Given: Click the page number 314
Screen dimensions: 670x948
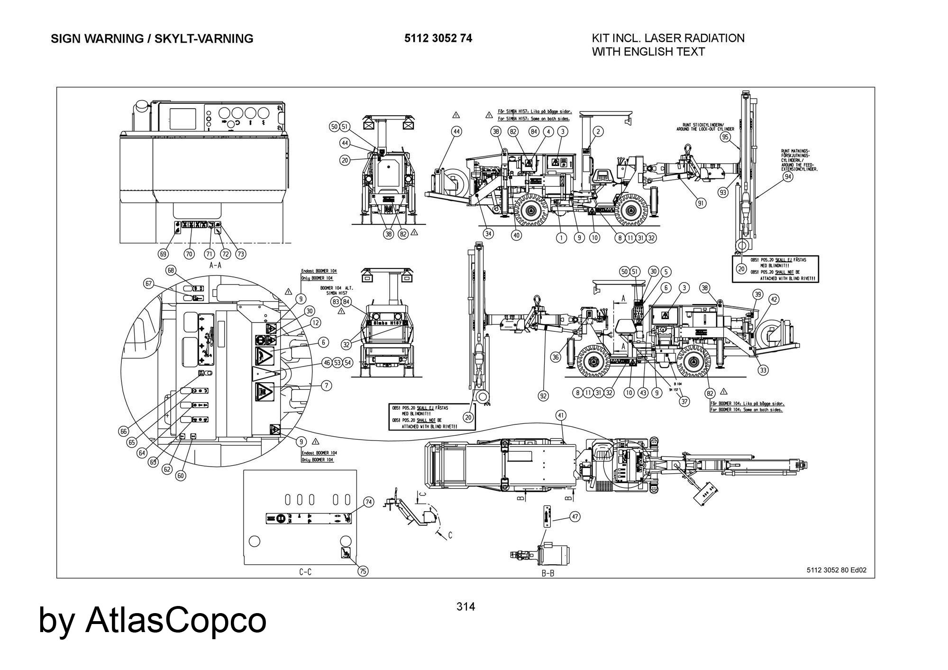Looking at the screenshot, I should pyautogui.click(x=465, y=606).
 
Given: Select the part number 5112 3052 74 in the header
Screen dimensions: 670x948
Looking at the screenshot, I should pyautogui.click(x=438, y=38).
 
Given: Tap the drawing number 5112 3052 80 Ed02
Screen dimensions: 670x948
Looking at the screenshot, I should pyautogui.click(x=836, y=570).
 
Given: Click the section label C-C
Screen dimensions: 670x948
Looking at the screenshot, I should pyautogui.click(x=305, y=572).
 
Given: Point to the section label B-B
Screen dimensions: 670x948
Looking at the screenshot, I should pyautogui.click(x=548, y=573).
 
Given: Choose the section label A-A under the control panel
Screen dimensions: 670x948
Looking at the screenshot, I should pyautogui.click(x=215, y=266).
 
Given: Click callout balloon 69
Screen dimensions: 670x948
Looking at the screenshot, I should pyautogui.click(x=163, y=254).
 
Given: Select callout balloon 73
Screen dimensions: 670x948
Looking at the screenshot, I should pyautogui.click(x=241, y=254).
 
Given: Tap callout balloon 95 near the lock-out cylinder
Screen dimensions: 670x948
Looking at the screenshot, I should pyautogui.click(x=725, y=137).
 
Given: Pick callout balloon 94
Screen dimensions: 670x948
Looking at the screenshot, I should pyautogui.click(x=788, y=177).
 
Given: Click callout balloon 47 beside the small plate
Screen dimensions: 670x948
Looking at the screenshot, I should pyautogui.click(x=574, y=517).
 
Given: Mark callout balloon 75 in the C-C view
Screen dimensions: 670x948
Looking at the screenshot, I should pyautogui.click(x=363, y=571).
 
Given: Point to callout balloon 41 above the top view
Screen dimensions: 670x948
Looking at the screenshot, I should pyautogui.click(x=561, y=415).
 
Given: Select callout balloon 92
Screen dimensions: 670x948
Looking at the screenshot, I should pyautogui.click(x=544, y=395).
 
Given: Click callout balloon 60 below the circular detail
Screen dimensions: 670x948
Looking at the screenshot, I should pyautogui.click(x=181, y=475).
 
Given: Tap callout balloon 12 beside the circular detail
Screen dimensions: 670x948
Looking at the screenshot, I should pyautogui.click(x=315, y=323).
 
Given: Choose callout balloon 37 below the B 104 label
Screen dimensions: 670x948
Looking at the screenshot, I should pyautogui.click(x=684, y=401).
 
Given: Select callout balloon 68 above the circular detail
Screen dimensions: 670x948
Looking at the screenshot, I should pyautogui.click(x=171, y=270).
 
